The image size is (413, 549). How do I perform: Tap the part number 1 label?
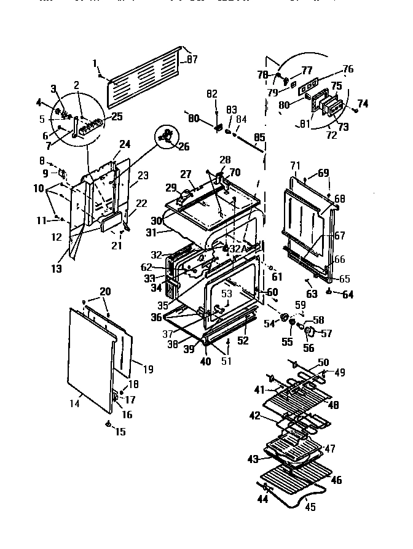95,63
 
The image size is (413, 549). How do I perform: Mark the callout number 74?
363,104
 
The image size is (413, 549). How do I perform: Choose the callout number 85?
259,138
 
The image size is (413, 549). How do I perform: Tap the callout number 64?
348,295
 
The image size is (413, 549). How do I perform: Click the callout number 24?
125,144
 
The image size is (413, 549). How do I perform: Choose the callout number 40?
205,362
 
